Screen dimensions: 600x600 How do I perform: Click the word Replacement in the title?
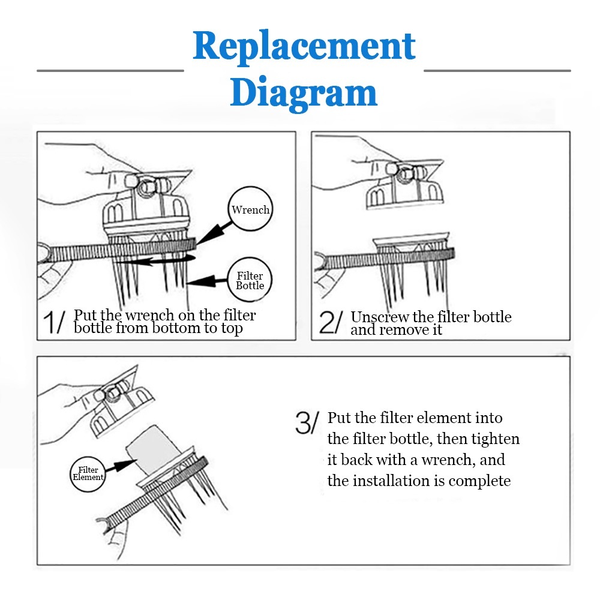click(304, 47)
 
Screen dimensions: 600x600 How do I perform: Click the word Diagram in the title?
click(304, 93)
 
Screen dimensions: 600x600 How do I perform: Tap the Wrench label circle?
click(251, 210)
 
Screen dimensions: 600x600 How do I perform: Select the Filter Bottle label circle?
click(250, 280)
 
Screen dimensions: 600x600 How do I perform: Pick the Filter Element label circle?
click(88, 473)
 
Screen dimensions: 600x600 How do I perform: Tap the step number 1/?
click(55, 322)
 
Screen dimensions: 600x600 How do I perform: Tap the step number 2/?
click(331, 323)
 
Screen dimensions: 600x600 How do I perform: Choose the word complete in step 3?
click(479, 481)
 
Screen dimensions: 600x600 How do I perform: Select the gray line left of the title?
click(110, 71)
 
